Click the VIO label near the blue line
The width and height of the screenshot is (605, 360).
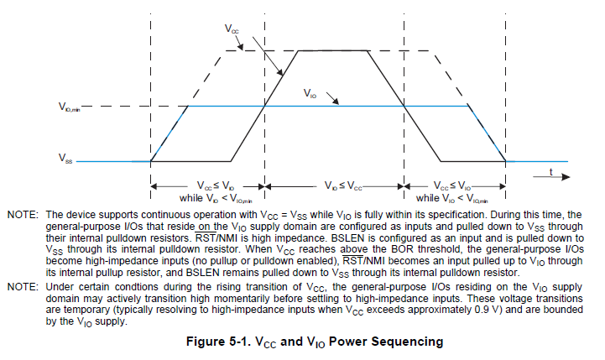(310, 94)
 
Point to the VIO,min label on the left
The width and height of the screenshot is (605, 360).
(70, 107)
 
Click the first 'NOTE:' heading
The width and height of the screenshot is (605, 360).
(23, 216)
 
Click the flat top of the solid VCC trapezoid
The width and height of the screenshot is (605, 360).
(333, 51)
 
